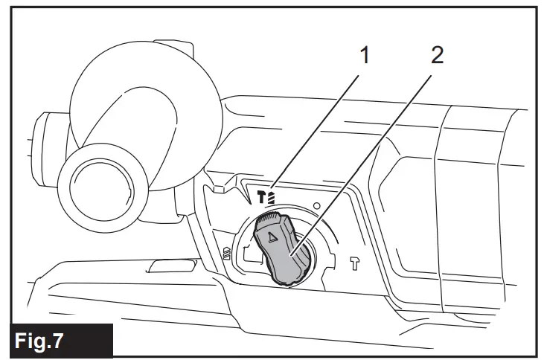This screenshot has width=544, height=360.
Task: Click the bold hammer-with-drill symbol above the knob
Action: pyautogui.click(x=267, y=195)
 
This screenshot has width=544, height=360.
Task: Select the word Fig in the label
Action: pyautogui.click(x=44, y=341)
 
